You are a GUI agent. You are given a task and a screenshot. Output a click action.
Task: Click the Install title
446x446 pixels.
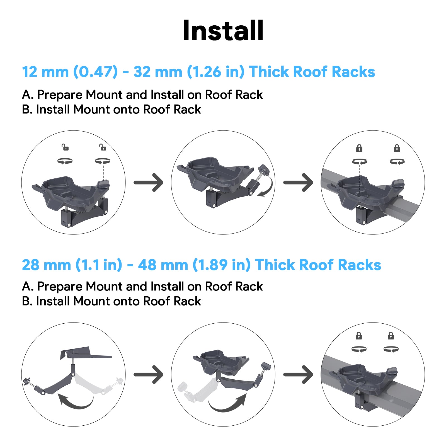click(223, 31)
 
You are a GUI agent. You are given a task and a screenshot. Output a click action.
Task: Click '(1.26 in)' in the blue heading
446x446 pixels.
click(215, 72)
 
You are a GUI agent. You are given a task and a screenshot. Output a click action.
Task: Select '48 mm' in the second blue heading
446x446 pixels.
click(163, 265)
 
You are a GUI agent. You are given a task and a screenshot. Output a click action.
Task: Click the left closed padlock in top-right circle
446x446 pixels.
click(359, 148)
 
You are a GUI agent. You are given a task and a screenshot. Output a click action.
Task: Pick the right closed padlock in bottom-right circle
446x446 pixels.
click(391, 336)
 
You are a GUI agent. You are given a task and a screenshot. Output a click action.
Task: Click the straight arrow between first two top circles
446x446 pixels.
click(149, 183)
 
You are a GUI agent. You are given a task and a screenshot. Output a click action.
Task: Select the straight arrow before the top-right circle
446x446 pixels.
click(298, 183)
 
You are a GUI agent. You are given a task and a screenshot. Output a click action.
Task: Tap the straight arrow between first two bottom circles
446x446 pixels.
click(149, 374)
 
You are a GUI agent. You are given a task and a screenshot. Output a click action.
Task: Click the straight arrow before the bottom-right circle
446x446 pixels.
click(298, 374)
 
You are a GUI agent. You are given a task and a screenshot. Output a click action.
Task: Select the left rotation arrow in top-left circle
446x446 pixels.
click(65, 161)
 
